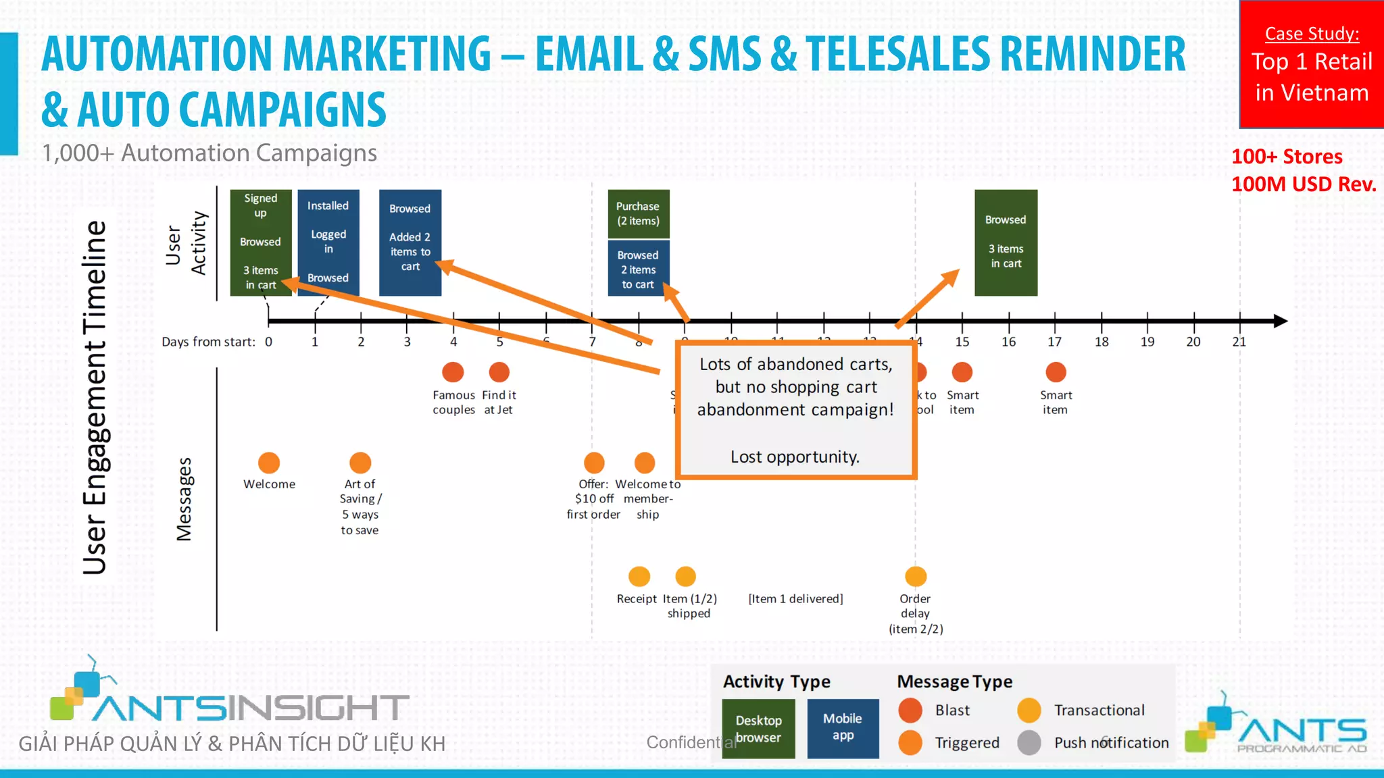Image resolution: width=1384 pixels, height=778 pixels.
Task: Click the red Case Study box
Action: [x=1311, y=64]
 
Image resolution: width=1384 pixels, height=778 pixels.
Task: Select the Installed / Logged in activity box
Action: [x=328, y=242]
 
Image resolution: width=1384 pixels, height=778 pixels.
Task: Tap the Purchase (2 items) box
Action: [x=638, y=214]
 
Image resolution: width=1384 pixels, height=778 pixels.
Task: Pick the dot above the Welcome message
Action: [x=269, y=463]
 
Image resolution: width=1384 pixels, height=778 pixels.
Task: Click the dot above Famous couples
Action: [x=453, y=372]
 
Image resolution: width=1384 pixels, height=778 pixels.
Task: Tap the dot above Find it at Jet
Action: [x=499, y=372]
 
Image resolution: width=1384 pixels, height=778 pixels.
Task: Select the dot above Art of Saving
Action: [x=360, y=463]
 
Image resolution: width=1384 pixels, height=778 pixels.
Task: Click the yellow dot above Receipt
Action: [x=639, y=577]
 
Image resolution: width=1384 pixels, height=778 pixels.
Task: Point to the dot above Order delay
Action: [x=916, y=577]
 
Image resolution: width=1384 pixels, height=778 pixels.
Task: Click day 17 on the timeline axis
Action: [x=1054, y=342]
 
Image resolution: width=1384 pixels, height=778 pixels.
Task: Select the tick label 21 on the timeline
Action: [x=1239, y=342]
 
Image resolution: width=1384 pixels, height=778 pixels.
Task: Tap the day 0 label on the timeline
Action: [x=268, y=342]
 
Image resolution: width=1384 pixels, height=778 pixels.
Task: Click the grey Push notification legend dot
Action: [x=1029, y=743]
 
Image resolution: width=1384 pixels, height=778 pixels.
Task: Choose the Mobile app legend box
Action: [x=843, y=728]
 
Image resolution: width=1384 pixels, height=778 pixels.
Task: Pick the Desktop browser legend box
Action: [x=758, y=728]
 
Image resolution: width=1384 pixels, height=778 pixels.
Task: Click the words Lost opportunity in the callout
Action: [x=795, y=457]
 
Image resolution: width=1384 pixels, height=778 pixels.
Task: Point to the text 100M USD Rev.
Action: [x=1304, y=184]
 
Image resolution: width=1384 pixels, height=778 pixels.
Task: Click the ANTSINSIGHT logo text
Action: [x=250, y=708]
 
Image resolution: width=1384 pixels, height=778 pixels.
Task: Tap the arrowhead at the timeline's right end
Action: [x=1280, y=321]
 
